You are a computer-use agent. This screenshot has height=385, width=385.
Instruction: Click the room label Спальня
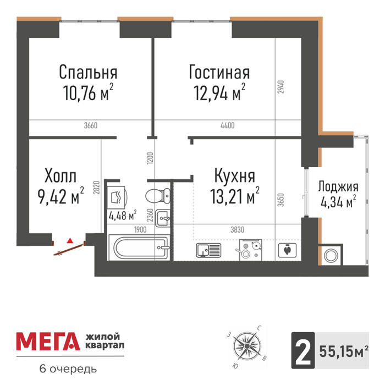coord(88,71)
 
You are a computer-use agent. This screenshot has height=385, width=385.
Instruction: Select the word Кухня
coord(235,175)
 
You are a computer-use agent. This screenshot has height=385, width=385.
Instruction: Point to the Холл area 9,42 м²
coord(61,196)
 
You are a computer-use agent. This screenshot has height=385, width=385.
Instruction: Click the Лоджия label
coord(338,186)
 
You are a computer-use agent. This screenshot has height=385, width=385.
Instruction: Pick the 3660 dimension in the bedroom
coord(91,125)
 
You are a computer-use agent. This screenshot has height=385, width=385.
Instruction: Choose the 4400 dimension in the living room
coord(228,125)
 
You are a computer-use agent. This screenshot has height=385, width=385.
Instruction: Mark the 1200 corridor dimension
coord(150,158)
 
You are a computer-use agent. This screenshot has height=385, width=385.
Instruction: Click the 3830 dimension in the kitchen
coord(238,229)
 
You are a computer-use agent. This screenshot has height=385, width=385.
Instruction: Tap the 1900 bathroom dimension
coord(140,229)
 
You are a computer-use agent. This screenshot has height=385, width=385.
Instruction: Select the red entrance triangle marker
coord(70,240)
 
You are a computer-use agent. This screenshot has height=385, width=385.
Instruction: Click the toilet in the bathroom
coord(158,196)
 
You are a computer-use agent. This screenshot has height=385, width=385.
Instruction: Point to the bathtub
coord(139,247)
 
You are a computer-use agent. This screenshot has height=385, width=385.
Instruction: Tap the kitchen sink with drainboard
coord(208,250)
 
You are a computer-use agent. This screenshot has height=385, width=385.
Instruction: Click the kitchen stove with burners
coord(251,250)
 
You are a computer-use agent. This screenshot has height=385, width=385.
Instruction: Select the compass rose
coord(248,346)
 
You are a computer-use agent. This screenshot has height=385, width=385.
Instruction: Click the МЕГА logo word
coord(48,342)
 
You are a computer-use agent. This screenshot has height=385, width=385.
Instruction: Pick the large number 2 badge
coord(303,351)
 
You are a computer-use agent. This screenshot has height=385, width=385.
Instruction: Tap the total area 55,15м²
coord(344,351)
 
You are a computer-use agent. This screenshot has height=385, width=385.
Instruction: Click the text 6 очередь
coord(68,369)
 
